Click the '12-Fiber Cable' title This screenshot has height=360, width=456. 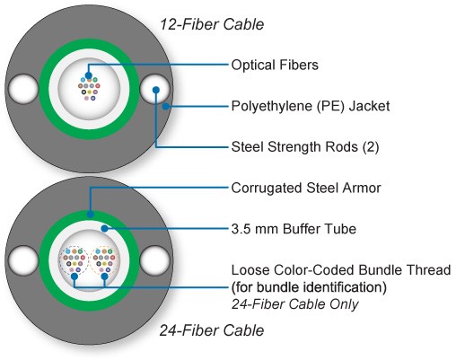click(x=212, y=24)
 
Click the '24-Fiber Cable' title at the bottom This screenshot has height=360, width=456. click(x=212, y=330)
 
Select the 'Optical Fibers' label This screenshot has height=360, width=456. click(x=275, y=65)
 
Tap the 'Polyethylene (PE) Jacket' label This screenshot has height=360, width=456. click(x=311, y=106)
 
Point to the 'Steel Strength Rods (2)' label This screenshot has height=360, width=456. click(x=305, y=147)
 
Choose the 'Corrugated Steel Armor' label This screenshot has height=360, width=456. click(x=306, y=188)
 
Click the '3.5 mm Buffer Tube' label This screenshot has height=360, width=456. click(x=294, y=229)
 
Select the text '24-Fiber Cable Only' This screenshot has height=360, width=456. click(x=294, y=304)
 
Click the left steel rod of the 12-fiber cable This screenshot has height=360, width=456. click(x=23, y=90)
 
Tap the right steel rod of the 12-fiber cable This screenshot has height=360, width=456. click(x=154, y=90)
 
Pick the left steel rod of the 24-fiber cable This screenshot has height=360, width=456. click(x=23, y=260)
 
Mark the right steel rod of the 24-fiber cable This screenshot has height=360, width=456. click(x=154, y=260)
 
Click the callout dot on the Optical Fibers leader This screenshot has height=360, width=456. click(x=89, y=75)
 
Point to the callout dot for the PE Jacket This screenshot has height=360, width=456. click(x=165, y=106)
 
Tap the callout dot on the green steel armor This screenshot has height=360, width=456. click(x=90, y=215)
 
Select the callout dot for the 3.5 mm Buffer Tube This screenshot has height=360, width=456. click(x=104, y=229)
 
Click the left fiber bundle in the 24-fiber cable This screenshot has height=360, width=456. click(x=74, y=260)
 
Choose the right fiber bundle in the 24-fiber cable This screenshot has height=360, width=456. click(x=104, y=260)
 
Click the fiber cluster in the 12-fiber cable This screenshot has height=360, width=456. click(x=89, y=89)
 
